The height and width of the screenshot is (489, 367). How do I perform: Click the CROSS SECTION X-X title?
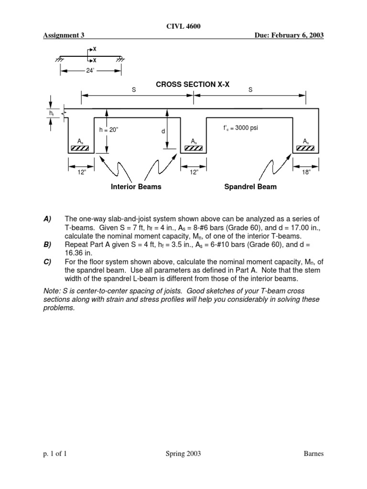tap(193, 84)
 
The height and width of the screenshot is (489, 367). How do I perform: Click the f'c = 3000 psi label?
tap(240, 128)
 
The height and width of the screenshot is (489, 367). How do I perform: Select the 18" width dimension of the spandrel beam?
tap(306, 172)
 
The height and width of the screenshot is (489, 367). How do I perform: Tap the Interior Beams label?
tap(136, 187)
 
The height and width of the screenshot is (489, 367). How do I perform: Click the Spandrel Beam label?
tap(250, 187)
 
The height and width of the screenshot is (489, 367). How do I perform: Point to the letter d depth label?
tap(163, 130)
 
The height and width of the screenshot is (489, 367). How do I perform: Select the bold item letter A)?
tap(47, 218)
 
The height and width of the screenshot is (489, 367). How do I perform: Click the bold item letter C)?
tap(47, 261)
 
